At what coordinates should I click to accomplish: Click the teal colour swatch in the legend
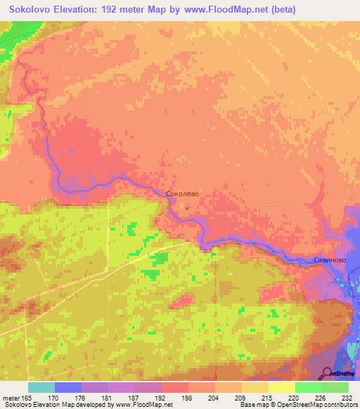tap(41, 387)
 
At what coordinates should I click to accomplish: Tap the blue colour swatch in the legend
tap(68, 387)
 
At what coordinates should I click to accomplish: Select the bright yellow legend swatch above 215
tap(281, 387)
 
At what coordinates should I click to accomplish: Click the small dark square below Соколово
tap(187, 207)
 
